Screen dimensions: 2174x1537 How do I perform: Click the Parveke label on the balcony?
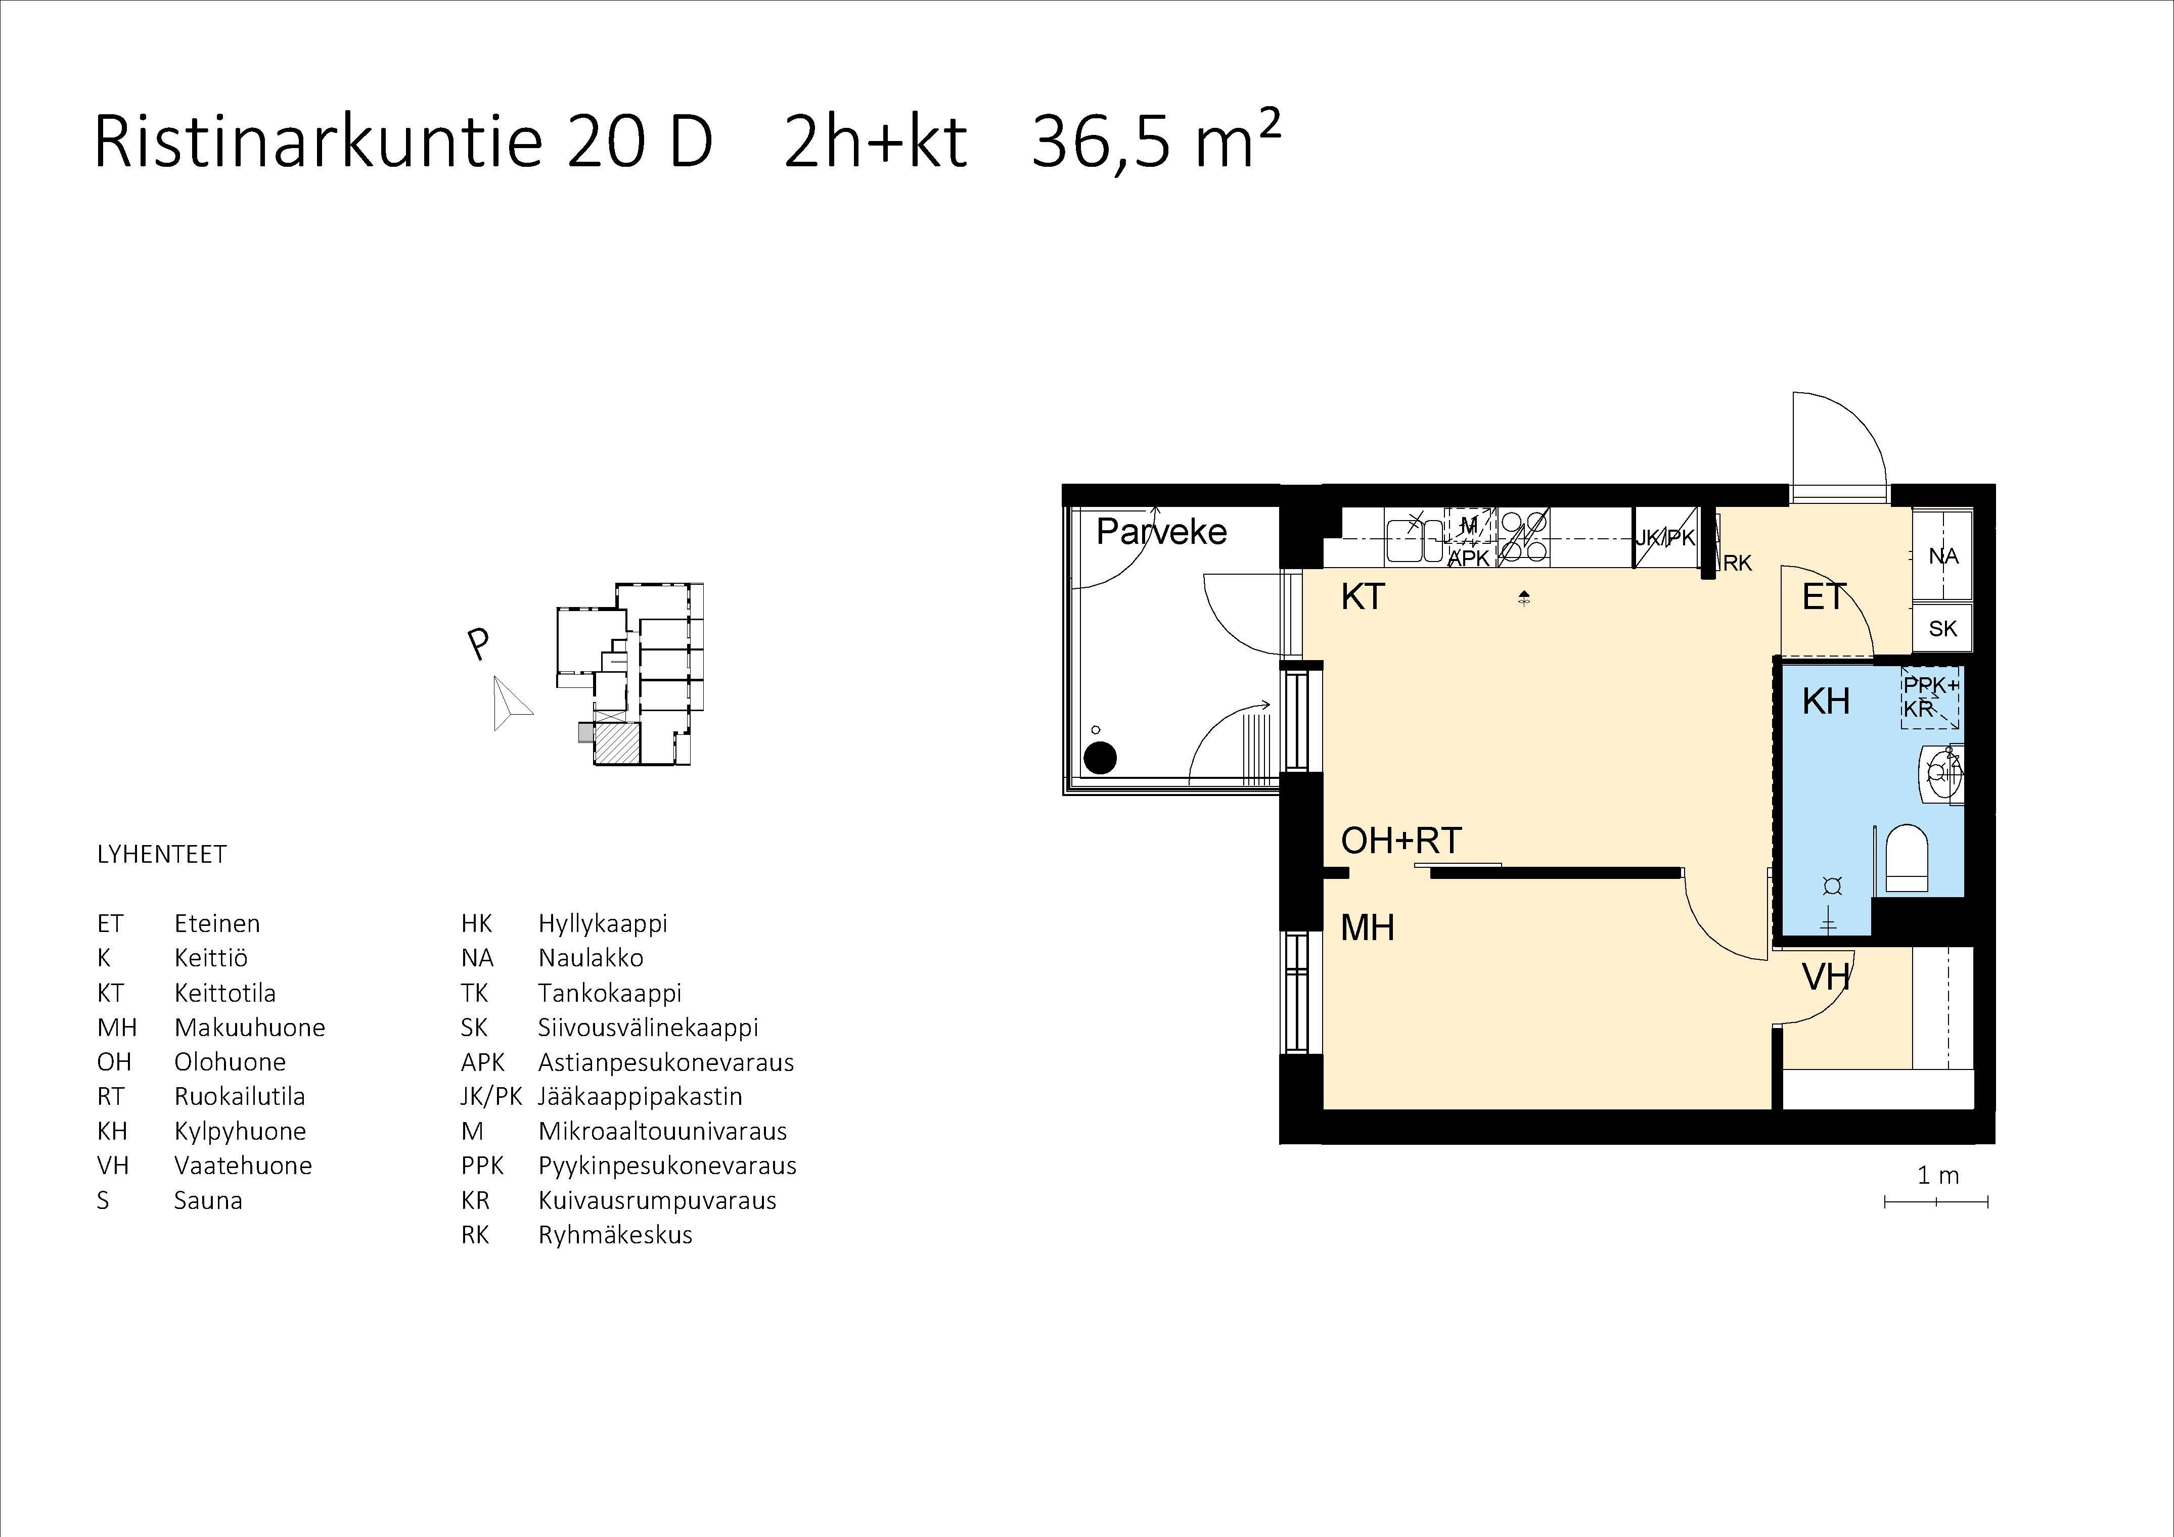pyautogui.click(x=1161, y=532)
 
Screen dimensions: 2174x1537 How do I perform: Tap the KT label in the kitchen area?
pyautogui.click(x=1363, y=597)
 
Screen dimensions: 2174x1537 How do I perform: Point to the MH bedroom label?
pyautogui.click(x=1367, y=927)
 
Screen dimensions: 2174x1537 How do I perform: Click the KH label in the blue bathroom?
pyautogui.click(x=1826, y=702)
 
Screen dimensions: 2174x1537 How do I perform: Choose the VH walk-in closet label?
pyautogui.click(x=1826, y=976)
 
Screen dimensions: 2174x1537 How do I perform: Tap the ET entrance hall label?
pyautogui.click(x=1824, y=597)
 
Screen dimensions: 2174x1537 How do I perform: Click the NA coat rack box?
pyautogui.click(x=1943, y=555)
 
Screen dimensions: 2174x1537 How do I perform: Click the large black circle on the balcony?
pyautogui.click(x=1100, y=757)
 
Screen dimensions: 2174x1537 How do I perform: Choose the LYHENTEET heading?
pyautogui.click(x=162, y=855)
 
